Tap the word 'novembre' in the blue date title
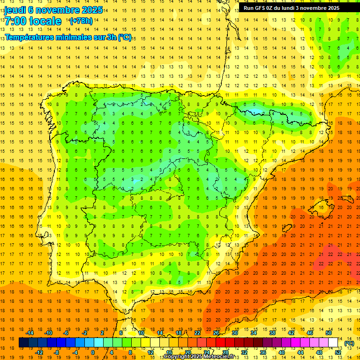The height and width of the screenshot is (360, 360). click(x=57, y=10)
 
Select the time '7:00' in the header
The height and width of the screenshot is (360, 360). click(x=15, y=21)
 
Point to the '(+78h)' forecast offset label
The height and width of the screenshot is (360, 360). click(x=81, y=21)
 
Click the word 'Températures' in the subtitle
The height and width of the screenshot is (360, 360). click(x=29, y=37)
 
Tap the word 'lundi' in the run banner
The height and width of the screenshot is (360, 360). click(x=299, y=8)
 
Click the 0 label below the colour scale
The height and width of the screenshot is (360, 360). click(x=93, y=352)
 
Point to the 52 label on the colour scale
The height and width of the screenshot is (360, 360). click(x=337, y=352)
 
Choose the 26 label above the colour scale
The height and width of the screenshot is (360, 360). click(x=216, y=333)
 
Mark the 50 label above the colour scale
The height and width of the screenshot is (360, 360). click(x=329, y=333)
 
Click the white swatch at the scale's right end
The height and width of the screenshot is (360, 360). click(x=333, y=343)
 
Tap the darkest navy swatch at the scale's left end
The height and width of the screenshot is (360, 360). click(x=23, y=343)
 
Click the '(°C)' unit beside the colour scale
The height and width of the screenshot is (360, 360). click(x=349, y=343)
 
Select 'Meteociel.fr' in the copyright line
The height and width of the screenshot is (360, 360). click(x=215, y=357)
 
